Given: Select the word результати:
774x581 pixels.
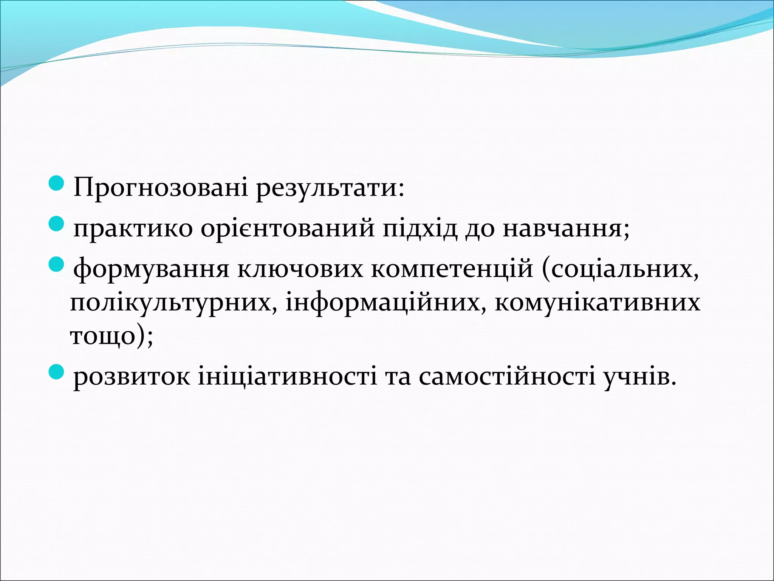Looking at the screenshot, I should (x=330, y=188).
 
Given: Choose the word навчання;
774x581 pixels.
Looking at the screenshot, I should (x=566, y=228).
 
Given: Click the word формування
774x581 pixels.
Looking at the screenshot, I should (x=151, y=270).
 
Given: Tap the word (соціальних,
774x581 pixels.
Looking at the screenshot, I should (x=620, y=270).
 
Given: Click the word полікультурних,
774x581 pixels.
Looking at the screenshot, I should (x=173, y=303).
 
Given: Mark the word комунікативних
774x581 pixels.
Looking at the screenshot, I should (x=598, y=303).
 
